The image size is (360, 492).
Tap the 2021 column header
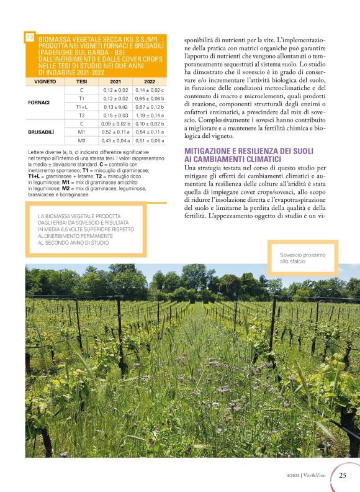[115, 81]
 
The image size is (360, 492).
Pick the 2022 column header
[149, 81]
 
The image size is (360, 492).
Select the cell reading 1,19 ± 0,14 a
[150, 115]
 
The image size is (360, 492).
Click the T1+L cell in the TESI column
[81, 107]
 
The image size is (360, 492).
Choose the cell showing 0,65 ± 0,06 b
[150, 98]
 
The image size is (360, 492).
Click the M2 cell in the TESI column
[81, 140]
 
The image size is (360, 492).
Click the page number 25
[343, 476]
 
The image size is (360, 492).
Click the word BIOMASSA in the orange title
[59, 39]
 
